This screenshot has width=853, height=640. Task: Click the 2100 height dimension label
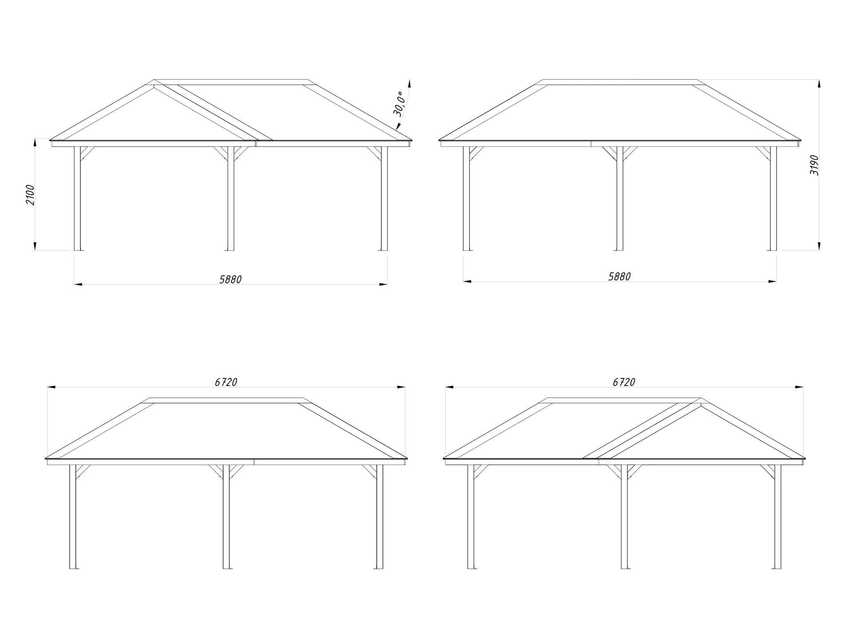pos(30,194)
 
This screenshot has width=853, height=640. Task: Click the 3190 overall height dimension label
pos(814,165)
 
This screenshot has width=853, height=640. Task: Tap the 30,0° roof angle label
pos(399,104)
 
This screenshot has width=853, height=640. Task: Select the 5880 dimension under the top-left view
pos(231,279)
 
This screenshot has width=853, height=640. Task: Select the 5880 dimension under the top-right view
pos(619,277)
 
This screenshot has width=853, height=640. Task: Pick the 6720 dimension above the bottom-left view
pos(226,382)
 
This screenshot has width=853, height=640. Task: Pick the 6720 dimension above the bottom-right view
pos(624,382)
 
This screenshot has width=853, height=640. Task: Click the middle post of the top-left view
pos(231,198)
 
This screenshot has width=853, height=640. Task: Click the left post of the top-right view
pos(466,198)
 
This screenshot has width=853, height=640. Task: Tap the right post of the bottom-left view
pos(379,517)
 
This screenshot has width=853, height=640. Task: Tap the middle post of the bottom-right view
pos(624,517)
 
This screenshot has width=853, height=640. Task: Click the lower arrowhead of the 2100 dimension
pos(35,246)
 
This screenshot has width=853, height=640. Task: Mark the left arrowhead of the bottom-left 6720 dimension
pos(52,387)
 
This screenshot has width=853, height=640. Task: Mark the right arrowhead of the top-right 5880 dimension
pos(772,281)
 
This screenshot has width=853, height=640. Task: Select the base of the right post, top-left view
pos(384,250)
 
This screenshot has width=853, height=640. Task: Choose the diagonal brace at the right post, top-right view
pos(764,153)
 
